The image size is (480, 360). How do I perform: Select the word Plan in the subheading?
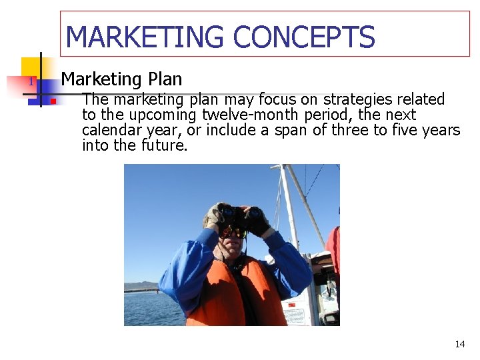[x=165, y=79]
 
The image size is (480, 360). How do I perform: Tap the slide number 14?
[x=459, y=344]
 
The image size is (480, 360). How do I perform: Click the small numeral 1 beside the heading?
[x=30, y=82]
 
